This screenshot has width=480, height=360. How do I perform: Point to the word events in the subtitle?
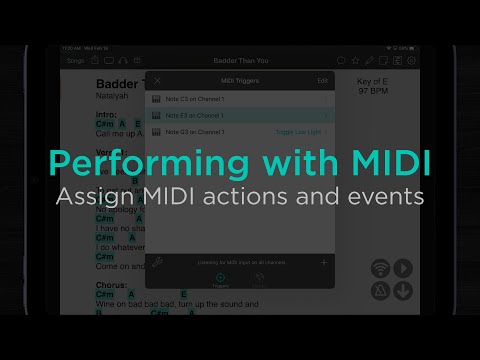click(386, 197)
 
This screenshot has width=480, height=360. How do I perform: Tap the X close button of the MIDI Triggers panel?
click(157, 80)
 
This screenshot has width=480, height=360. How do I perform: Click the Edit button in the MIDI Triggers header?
click(322, 80)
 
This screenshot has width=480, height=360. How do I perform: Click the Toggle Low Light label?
click(297, 132)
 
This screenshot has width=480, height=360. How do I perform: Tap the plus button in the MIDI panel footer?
click(323, 262)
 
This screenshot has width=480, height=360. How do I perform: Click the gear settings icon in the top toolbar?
click(411, 60)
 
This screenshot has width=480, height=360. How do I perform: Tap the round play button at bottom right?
click(402, 268)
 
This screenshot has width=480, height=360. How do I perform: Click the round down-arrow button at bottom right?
click(402, 291)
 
